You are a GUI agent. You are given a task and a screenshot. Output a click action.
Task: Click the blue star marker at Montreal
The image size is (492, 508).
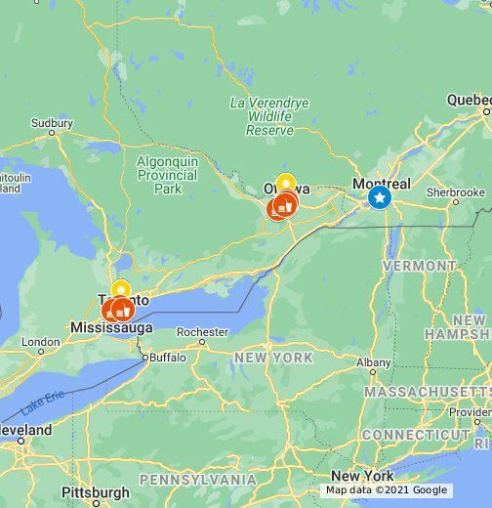[379, 198]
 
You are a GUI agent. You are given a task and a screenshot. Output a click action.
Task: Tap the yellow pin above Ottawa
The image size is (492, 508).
[285, 183]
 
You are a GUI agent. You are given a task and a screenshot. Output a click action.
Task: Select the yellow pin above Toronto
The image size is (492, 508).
[120, 289]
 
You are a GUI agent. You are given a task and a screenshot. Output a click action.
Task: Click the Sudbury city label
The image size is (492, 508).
[52, 123]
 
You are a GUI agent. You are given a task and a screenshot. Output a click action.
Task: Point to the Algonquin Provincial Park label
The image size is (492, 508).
[167, 174]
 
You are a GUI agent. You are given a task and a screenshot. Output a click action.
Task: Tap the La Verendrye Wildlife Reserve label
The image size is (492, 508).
[268, 116]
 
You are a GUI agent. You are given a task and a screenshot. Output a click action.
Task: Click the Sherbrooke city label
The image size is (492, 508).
[455, 193]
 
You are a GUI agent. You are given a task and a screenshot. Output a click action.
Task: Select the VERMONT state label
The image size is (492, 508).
[420, 266]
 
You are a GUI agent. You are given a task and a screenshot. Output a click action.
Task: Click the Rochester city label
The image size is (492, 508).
[202, 331]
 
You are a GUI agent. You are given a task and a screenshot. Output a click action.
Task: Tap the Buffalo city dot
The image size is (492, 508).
[145, 358]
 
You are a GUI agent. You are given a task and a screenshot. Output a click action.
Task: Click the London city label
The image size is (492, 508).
[40, 343]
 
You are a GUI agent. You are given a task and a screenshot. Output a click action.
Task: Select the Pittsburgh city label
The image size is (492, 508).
[95, 491]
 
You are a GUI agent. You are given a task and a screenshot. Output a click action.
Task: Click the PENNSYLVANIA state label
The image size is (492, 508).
[198, 480]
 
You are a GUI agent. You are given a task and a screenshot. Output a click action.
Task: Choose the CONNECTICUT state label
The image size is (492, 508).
[416, 434]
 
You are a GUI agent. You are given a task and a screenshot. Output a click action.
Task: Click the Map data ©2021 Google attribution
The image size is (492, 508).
[387, 490]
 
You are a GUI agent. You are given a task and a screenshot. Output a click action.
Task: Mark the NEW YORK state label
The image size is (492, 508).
[273, 358]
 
